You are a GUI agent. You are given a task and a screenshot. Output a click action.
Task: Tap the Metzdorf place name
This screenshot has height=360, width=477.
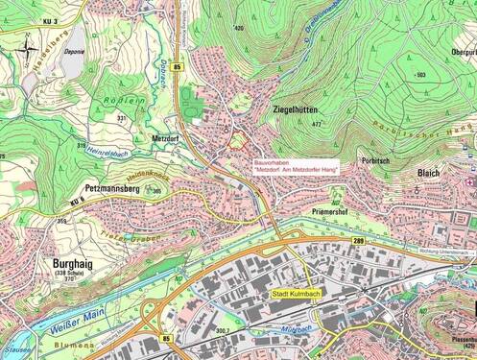pos(169,137)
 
